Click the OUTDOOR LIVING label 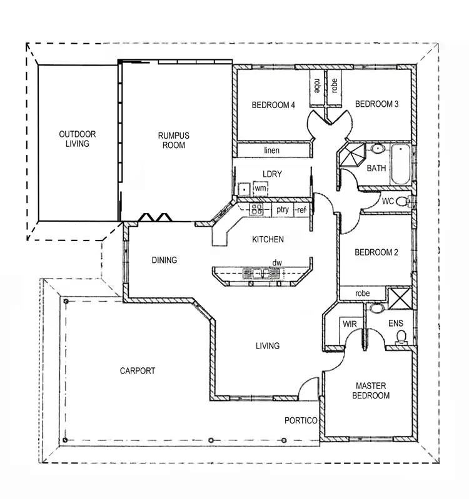(78, 139)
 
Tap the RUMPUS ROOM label (174, 141)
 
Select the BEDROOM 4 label (273, 105)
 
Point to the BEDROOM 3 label (376, 104)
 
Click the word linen (271, 151)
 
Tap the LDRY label (271, 174)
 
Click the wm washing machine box (261, 188)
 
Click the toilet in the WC (410, 201)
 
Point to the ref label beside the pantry (302, 210)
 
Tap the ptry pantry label (283, 210)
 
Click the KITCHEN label (268, 239)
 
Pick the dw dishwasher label (276, 263)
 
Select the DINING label (164, 260)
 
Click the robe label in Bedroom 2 (362, 293)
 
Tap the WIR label (348, 324)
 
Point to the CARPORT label (138, 370)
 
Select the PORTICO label (301, 420)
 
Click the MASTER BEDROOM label (371, 390)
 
